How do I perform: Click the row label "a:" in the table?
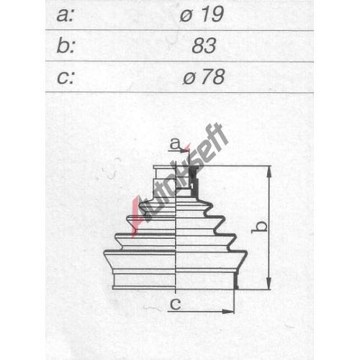coord(65,15)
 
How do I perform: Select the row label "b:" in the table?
coord(66,45)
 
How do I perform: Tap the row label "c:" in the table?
coord(66,77)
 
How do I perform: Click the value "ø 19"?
coord(202,14)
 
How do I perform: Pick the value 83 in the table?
coord(204,45)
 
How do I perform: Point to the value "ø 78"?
coord(204,77)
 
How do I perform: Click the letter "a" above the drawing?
coord(174,144)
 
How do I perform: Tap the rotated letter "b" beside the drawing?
coord(259,226)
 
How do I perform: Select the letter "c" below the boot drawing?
coord(176,305)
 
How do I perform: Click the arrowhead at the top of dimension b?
coord(269,171)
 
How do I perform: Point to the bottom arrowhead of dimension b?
coord(269,284)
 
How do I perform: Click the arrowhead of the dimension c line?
coord(228,312)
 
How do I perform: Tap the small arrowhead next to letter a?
coord(185,150)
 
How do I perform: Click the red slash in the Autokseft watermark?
coord(136,216)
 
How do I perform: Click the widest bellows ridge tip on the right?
coord(245,253)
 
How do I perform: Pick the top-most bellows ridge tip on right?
coord(210,206)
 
